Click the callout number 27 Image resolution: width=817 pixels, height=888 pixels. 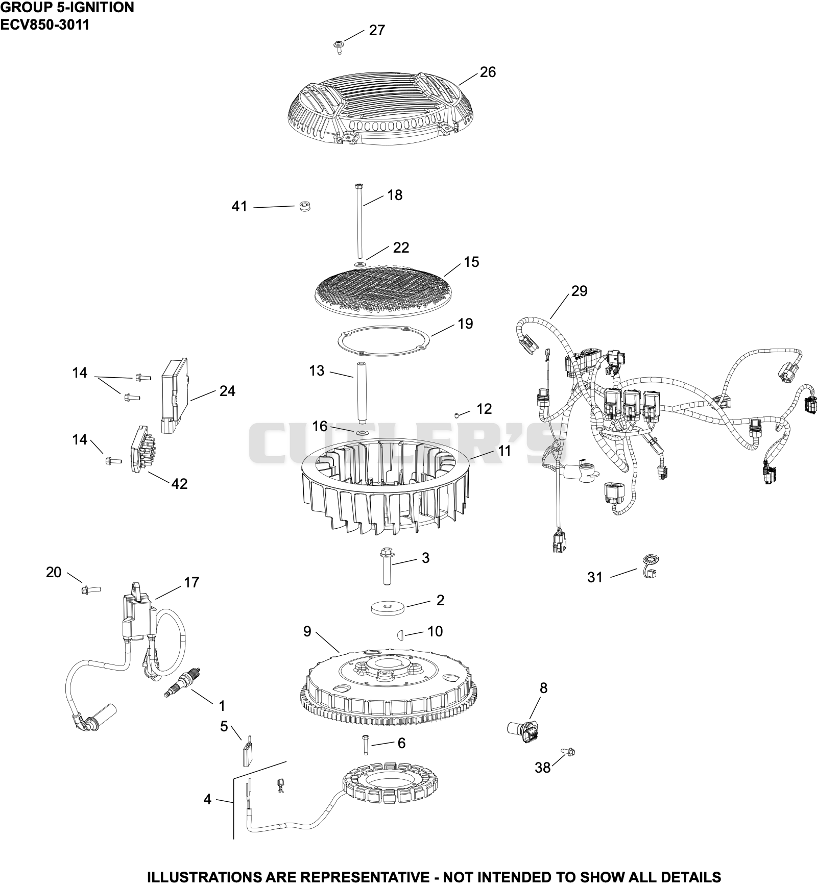pyautogui.click(x=377, y=31)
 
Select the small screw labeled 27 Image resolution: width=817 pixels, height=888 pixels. pyautogui.click(x=338, y=47)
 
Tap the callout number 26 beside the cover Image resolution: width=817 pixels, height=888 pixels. pyautogui.click(x=488, y=72)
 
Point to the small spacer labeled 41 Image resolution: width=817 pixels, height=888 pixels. pyautogui.click(x=305, y=206)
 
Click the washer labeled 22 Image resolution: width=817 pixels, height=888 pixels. pyautogui.click(x=359, y=264)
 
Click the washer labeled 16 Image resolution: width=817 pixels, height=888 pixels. pyautogui.click(x=362, y=433)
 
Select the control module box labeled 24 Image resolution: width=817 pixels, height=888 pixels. pyautogui.click(x=175, y=396)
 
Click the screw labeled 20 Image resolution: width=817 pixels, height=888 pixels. pyautogui.click(x=90, y=590)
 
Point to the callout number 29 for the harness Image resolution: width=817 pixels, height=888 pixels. pyautogui.click(x=579, y=291)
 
